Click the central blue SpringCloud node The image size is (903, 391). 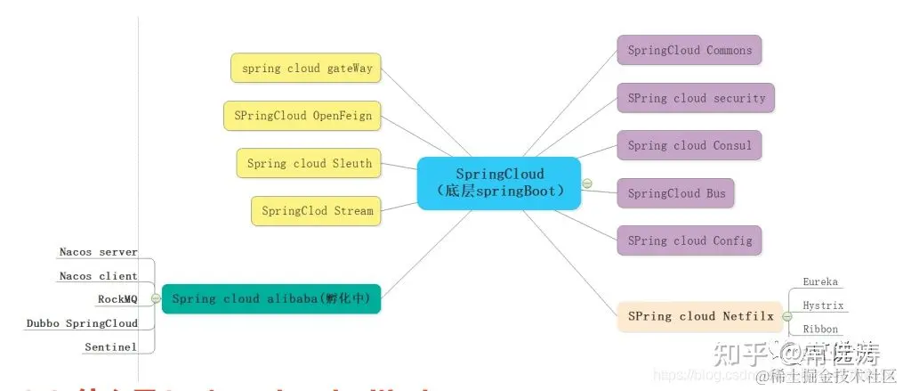[499, 183]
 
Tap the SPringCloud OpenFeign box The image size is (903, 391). [302, 116]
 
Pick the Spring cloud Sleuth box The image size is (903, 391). [309, 163]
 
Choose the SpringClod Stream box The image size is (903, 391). [317, 211]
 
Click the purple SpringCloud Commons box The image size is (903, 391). [689, 50]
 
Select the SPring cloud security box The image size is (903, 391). [696, 98]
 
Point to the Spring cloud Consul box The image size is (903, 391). [689, 145]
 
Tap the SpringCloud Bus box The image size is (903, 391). [675, 193]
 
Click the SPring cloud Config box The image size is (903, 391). [689, 240]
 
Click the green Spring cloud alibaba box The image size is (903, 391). [270, 298]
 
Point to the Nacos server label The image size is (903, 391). [98, 252]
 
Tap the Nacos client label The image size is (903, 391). [98, 276]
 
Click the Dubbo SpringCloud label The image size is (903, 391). [82, 323]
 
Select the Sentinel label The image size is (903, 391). [110, 346]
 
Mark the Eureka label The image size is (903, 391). [819, 281]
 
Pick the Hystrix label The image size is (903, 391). [820, 305]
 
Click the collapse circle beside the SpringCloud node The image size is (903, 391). [587, 183]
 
